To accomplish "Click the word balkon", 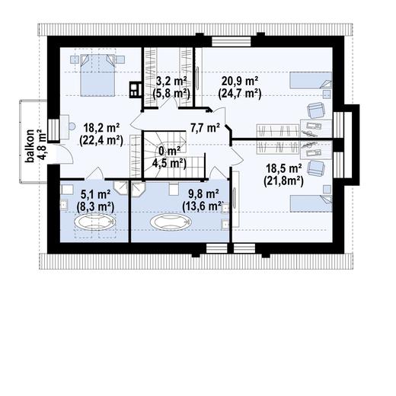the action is (30, 145).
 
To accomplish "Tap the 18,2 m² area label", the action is (101, 128).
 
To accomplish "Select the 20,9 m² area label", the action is (240, 81).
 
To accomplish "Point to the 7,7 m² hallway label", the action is (205, 128).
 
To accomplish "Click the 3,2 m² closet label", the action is (171, 81).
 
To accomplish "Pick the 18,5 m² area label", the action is (284, 168).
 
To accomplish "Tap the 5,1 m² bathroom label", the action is (95, 195).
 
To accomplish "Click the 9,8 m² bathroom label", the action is (203, 194).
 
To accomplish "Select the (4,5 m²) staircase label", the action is (169, 164).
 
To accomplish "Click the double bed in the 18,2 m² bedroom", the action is (97, 75).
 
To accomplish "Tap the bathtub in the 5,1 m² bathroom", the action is (94, 222).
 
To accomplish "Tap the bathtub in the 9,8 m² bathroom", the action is (170, 222).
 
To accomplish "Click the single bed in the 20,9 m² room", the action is (311, 80).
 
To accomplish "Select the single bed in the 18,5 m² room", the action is (311, 203).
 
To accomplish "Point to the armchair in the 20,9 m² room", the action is (316, 110).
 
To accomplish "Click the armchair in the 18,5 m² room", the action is (316, 168).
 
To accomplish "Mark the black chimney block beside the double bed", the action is (136, 90).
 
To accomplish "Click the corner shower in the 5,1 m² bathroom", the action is (120, 188).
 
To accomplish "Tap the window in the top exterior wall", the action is (232, 42).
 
